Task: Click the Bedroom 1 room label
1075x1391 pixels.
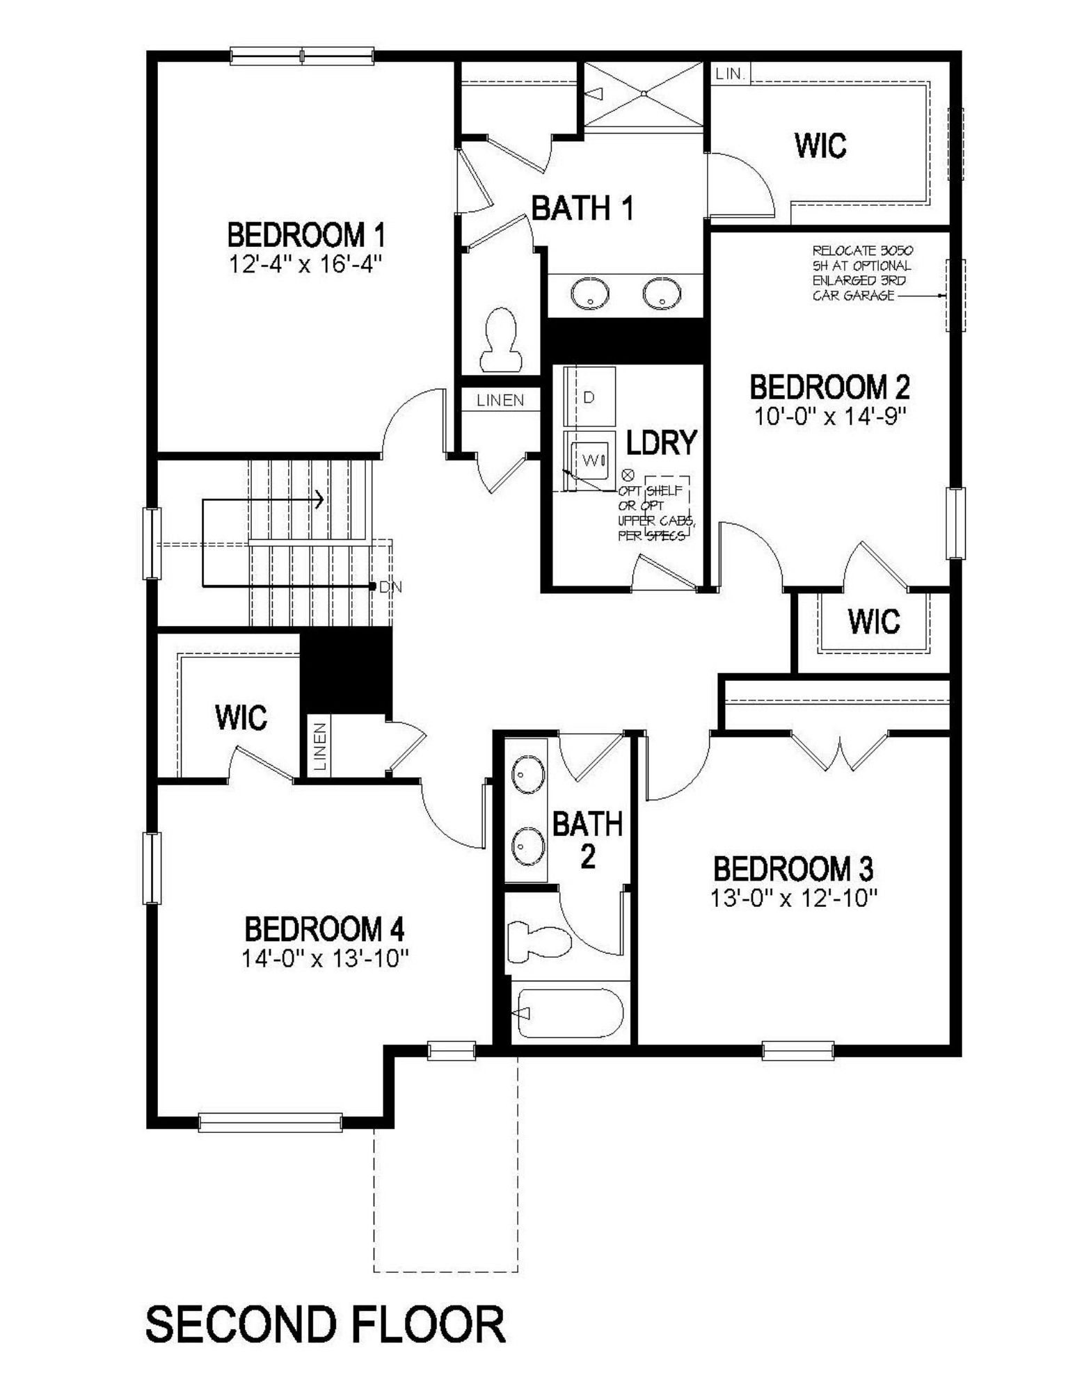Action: pyautogui.click(x=306, y=235)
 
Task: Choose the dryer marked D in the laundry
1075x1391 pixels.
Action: pyautogui.click(x=590, y=396)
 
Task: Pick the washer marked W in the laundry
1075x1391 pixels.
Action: pyautogui.click(x=590, y=459)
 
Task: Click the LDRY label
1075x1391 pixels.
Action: pyautogui.click(x=661, y=442)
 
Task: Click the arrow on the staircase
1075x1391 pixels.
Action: pyautogui.click(x=319, y=499)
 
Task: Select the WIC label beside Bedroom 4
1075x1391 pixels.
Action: pyautogui.click(x=241, y=717)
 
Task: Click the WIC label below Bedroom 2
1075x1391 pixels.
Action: pyautogui.click(x=874, y=620)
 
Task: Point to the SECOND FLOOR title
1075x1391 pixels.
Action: pyautogui.click(x=325, y=1324)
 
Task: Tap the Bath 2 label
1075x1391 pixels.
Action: pyautogui.click(x=587, y=839)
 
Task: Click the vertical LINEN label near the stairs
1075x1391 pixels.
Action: pyautogui.click(x=320, y=747)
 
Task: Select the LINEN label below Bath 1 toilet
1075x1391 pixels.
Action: pyautogui.click(x=500, y=400)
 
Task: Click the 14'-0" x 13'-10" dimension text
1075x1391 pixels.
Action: pyautogui.click(x=324, y=959)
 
